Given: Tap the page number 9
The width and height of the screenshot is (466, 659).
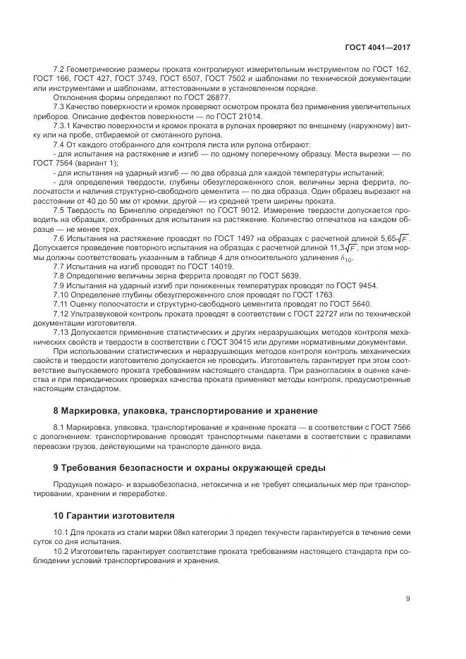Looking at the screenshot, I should click(x=408, y=599).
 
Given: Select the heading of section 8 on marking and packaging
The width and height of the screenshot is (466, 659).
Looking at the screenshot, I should click(x=186, y=410).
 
